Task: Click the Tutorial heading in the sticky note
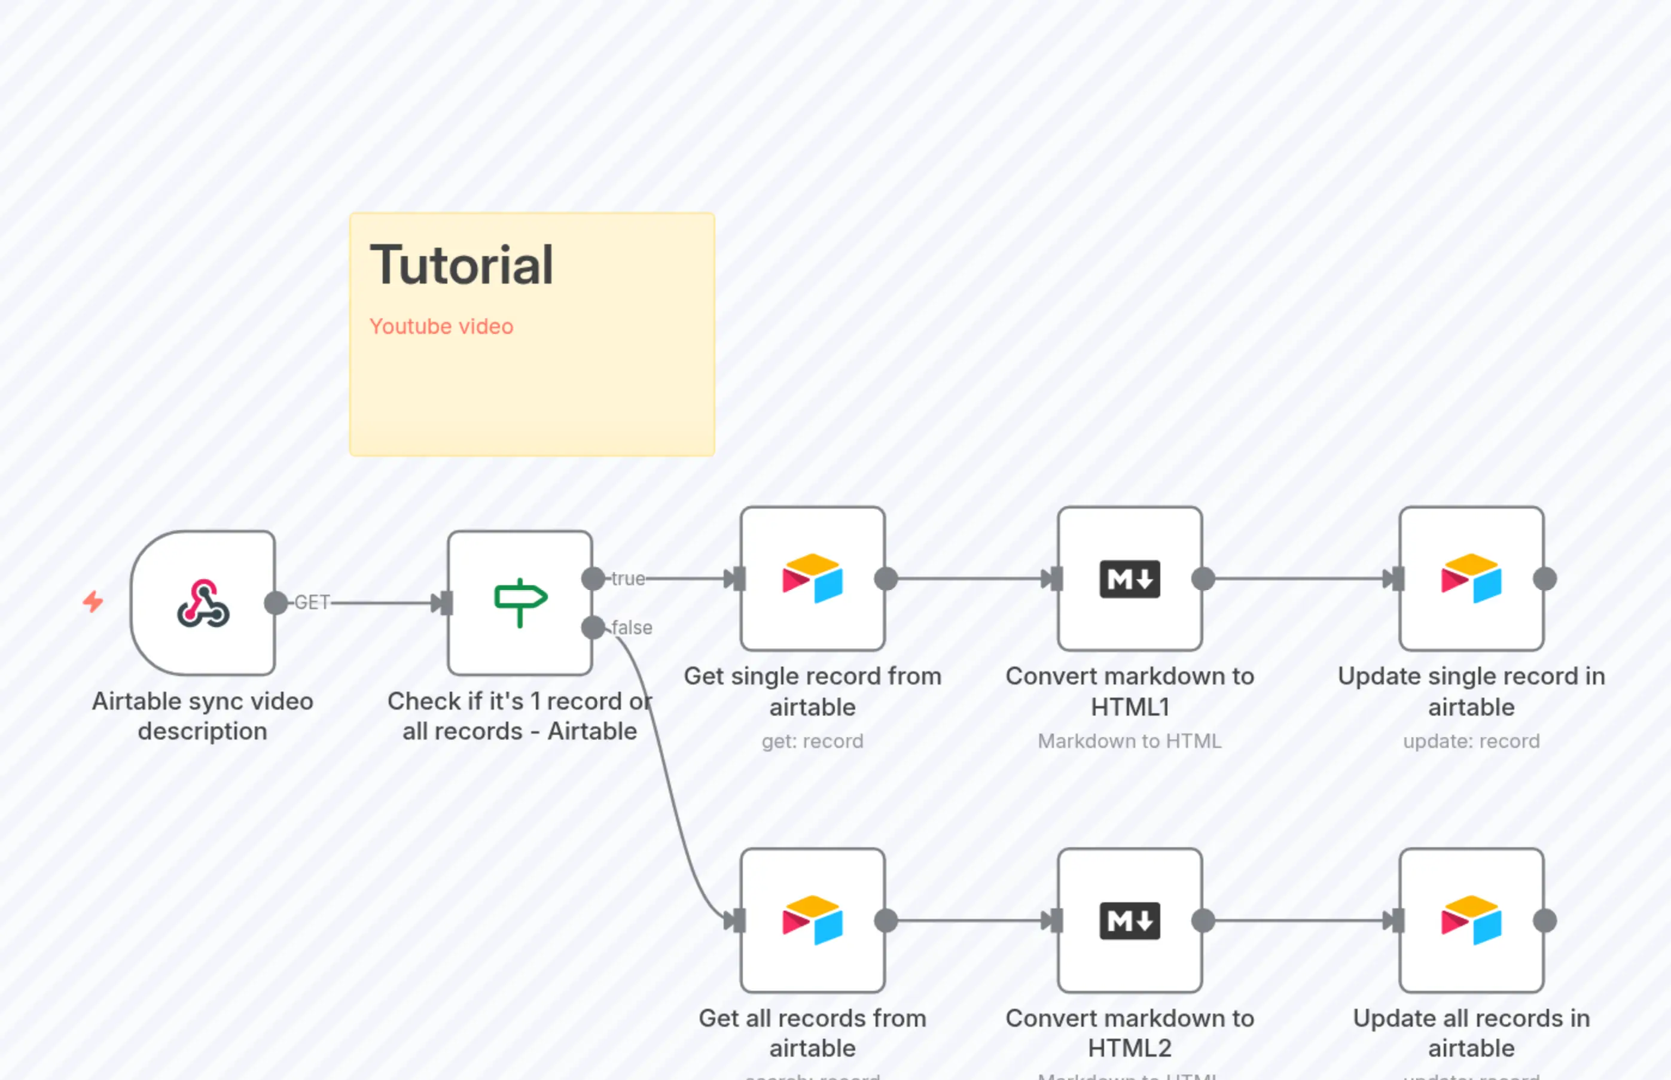(x=461, y=265)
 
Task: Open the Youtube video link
(x=441, y=327)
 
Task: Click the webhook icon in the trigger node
(x=203, y=603)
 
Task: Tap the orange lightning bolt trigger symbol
(x=93, y=602)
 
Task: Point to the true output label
(x=627, y=579)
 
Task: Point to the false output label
(x=632, y=628)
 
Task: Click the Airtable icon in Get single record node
(x=812, y=579)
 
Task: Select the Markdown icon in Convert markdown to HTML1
(x=1129, y=579)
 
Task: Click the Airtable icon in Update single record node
(x=1471, y=579)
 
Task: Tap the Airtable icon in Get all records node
(x=812, y=920)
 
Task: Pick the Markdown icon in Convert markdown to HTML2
(x=1129, y=920)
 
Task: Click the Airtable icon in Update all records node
(x=1471, y=920)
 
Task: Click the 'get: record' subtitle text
(x=812, y=741)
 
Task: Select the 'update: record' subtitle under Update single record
(x=1471, y=741)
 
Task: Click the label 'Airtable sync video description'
(x=203, y=716)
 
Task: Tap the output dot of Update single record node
(x=1545, y=579)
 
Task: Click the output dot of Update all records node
(x=1545, y=920)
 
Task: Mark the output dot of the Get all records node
(x=886, y=920)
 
